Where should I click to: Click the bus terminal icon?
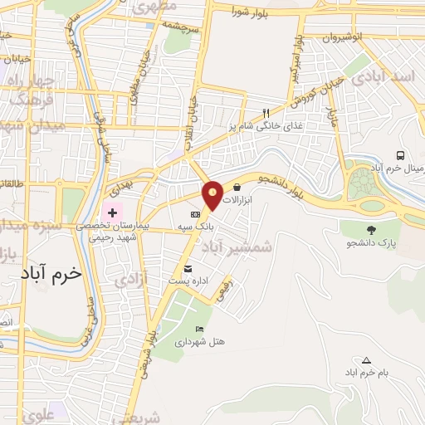pos(401,155)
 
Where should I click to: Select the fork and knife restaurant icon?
pos(266,113)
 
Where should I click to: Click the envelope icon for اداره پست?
pos(188,268)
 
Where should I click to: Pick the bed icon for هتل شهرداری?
pos(199,329)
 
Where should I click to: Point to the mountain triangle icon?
pos(366,360)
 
